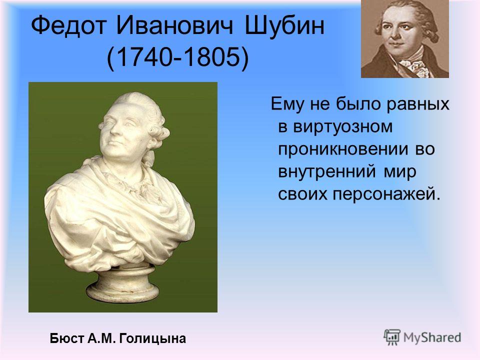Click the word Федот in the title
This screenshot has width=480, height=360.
click(x=68, y=25)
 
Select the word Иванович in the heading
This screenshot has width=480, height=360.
click(x=174, y=25)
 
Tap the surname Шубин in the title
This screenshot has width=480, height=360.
click(x=284, y=25)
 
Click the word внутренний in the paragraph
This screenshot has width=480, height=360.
click(x=326, y=171)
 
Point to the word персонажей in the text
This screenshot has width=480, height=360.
click(x=386, y=194)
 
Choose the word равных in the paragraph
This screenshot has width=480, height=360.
click(x=418, y=104)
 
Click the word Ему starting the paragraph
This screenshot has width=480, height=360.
click(x=288, y=104)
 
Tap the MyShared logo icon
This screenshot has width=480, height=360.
click(x=392, y=337)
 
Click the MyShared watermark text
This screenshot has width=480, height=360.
click(x=432, y=338)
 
